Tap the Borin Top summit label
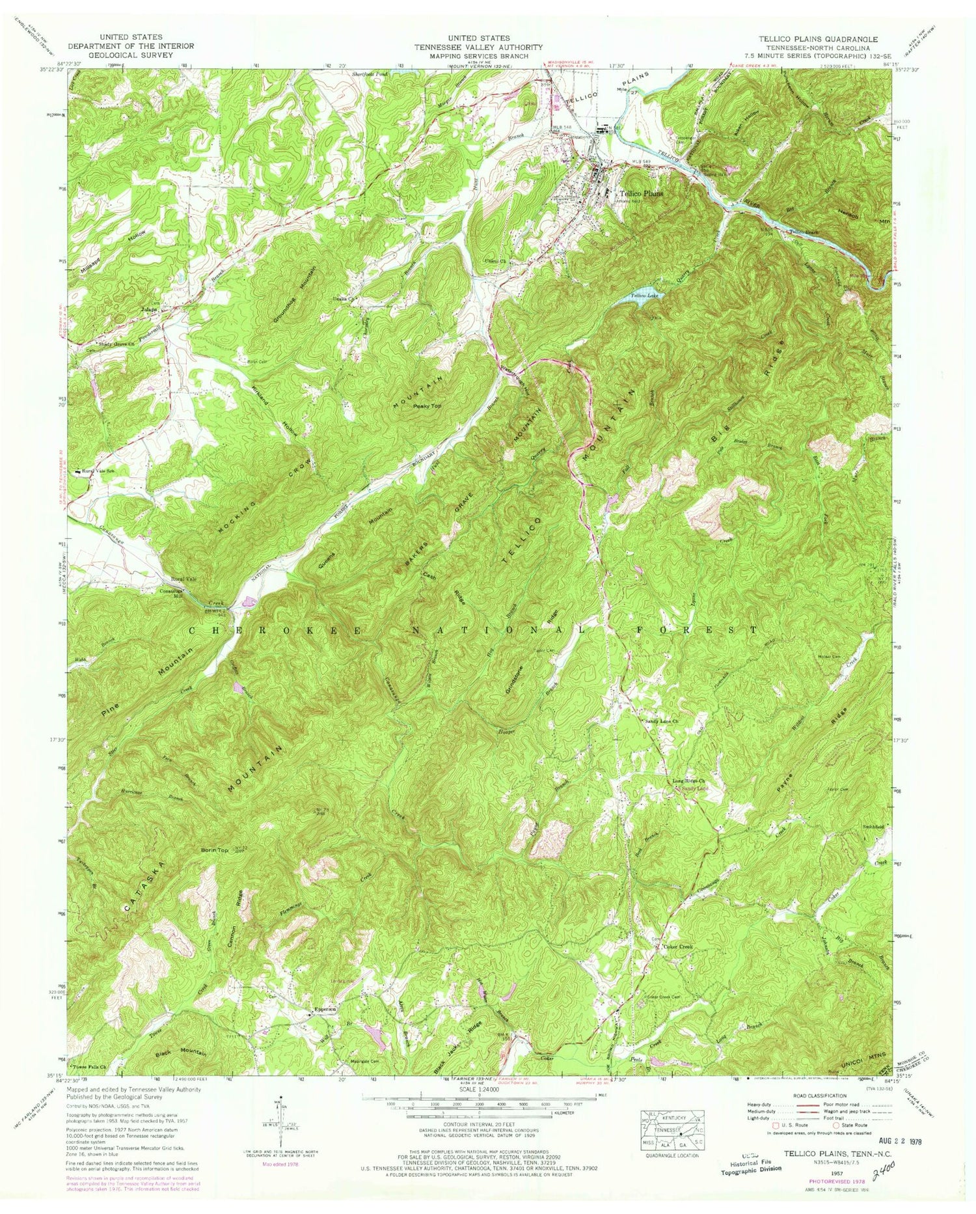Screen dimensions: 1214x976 coord(215,850)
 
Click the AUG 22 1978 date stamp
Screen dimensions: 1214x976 coord(897,1142)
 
